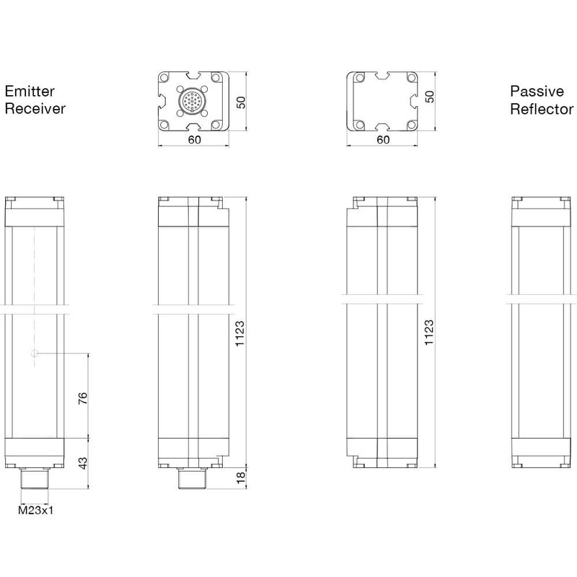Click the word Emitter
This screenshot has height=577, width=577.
(x=30, y=92)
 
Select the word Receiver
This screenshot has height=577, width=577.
(x=35, y=109)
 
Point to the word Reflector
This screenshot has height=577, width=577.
(x=542, y=109)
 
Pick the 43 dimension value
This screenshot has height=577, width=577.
(x=83, y=463)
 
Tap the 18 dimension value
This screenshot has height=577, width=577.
(x=242, y=477)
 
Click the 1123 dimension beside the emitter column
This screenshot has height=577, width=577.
(x=242, y=333)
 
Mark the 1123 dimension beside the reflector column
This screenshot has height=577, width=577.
(x=430, y=333)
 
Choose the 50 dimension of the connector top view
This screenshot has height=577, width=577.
(x=242, y=101)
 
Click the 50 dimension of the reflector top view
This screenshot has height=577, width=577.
(x=430, y=97)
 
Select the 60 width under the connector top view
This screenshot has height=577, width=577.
(x=194, y=140)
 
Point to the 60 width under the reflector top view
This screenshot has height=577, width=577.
(x=383, y=140)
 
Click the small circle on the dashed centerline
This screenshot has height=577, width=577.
(x=35, y=353)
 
